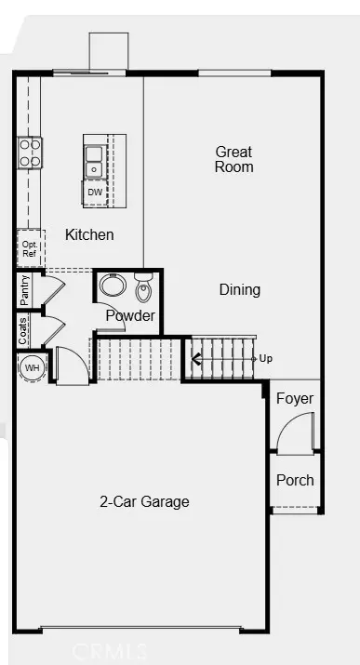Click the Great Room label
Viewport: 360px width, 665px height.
(233, 159)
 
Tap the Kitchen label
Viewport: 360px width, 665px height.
(89, 235)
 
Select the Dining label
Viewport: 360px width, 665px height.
(239, 289)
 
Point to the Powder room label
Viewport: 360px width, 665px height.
(129, 316)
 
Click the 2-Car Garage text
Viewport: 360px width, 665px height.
(144, 502)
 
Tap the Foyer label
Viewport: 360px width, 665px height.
(295, 399)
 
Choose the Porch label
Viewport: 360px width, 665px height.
(295, 480)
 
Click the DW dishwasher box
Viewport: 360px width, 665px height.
(95, 193)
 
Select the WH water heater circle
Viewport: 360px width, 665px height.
(32, 368)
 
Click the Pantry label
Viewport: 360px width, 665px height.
(24, 289)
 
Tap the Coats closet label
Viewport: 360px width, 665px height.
(23, 331)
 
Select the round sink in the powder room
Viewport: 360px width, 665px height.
(113, 285)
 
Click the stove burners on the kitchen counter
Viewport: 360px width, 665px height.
(29, 152)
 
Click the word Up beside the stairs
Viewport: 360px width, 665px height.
(266, 358)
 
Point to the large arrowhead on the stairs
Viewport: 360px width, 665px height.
(198, 358)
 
